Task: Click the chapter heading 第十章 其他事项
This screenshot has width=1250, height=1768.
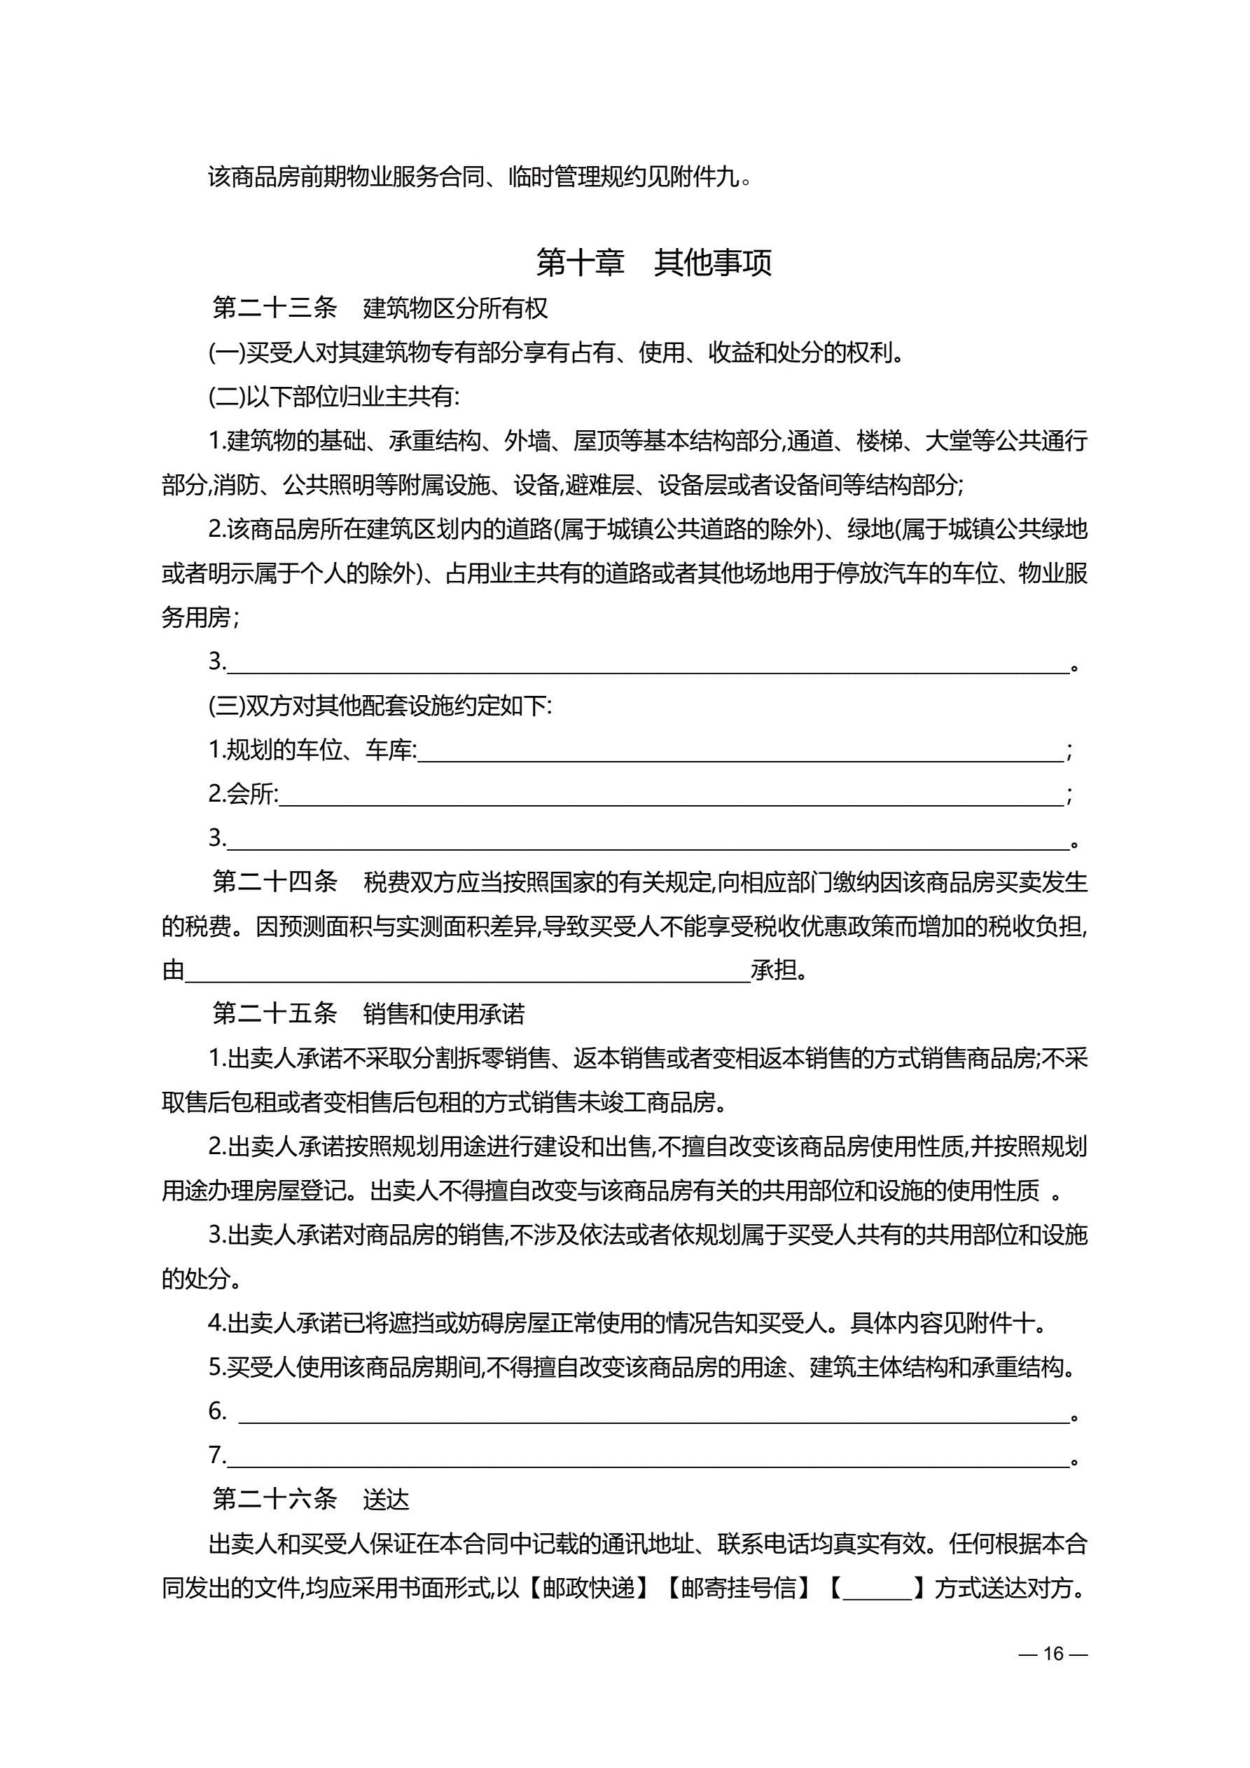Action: click(x=653, y=263)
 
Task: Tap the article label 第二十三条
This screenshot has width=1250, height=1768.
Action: click(x=275, y=308)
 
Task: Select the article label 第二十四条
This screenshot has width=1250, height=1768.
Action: click(x=275, y=882)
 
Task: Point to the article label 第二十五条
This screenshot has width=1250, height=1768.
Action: click(x=275, y=1013)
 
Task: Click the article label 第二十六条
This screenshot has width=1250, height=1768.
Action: click(x=275, y=1499)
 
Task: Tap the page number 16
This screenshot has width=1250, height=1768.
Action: click(x=1053, y=1654)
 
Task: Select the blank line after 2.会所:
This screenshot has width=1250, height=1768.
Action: click(x=671, y=795)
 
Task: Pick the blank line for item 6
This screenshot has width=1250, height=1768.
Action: click(x=654, y=1413)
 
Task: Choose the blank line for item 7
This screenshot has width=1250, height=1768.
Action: click(x=648, y=1457)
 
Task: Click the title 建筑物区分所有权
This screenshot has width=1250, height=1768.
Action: click(x=455, y=308)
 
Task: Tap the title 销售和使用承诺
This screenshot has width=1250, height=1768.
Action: click(x=443, y=1013)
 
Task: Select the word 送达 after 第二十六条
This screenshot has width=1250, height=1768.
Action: click(x=386, y=1499)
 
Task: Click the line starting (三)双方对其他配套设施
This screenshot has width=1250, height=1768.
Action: click(x=380, y=706)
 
